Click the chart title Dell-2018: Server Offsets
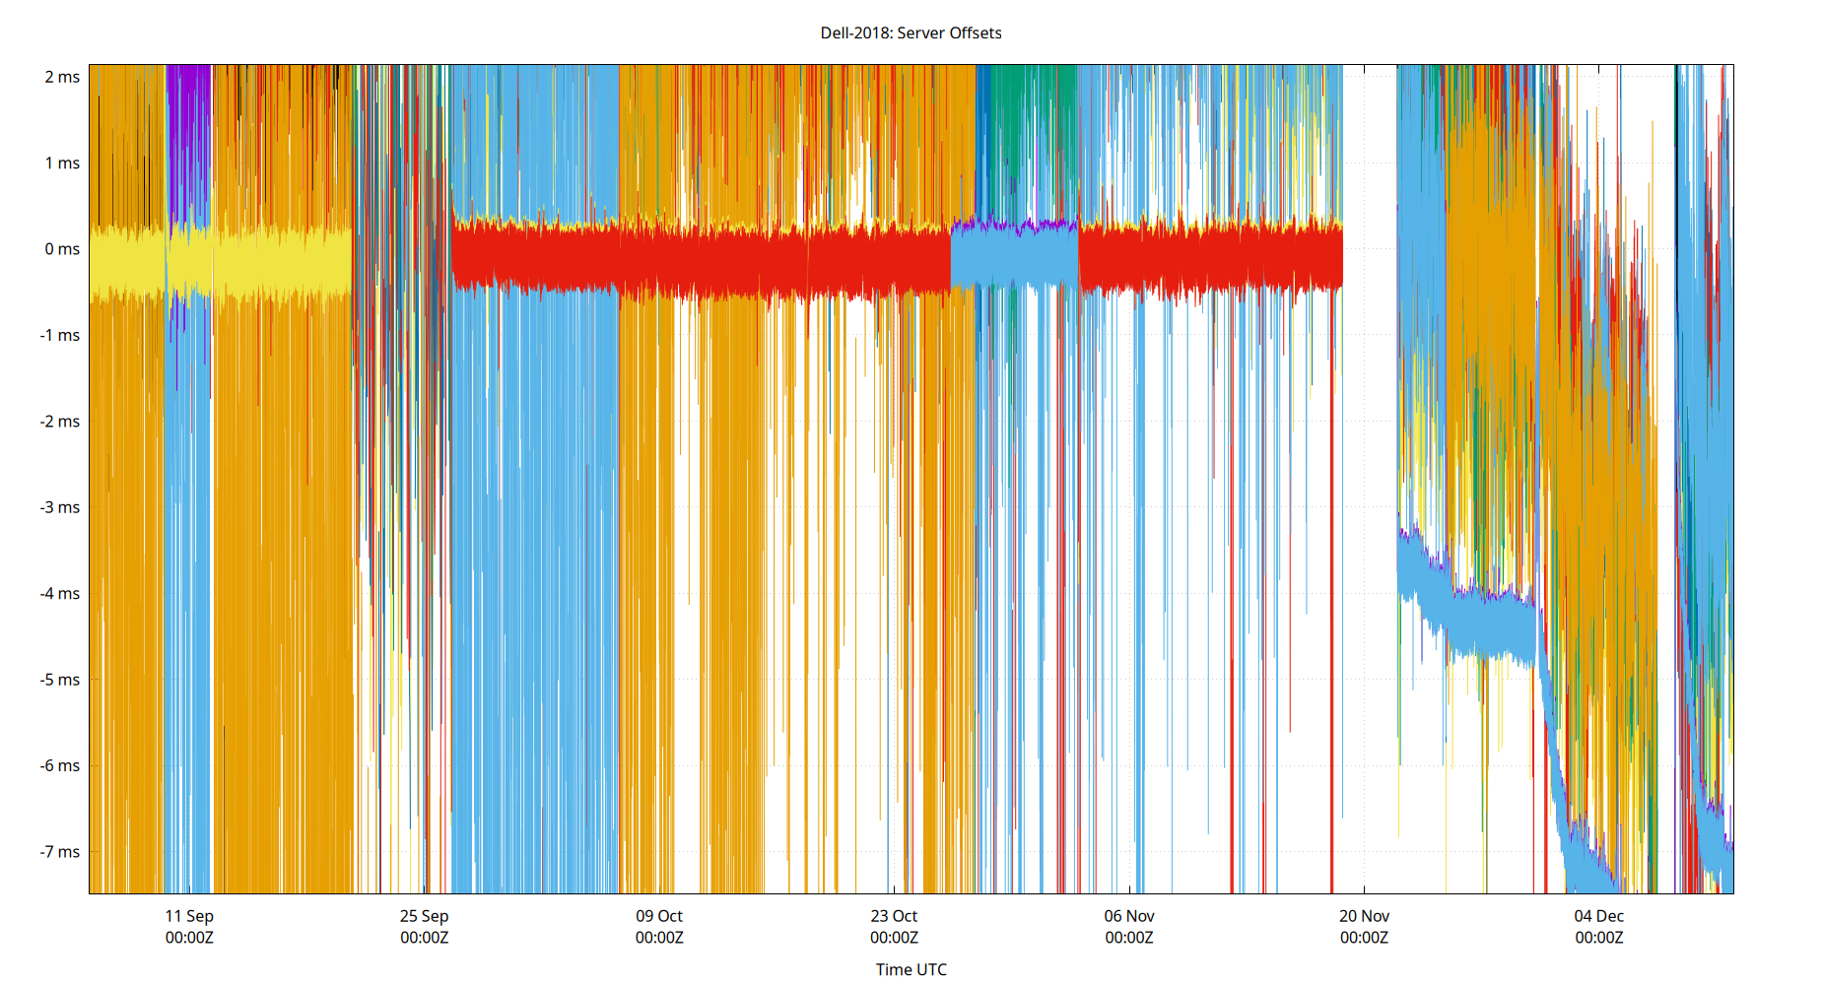click(911, 33)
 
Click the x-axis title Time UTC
click(911, 969)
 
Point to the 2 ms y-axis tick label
click(62, 77)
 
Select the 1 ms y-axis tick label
click(62, 163)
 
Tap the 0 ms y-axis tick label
click(62, 249)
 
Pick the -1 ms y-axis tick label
click(60, 335)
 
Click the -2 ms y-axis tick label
click(60, 422)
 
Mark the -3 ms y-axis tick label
click(60, 507)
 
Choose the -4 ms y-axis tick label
click(60, 594)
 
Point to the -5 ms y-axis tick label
click(60, 680)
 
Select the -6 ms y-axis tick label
click(60, 765)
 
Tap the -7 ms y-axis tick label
click(60, 852)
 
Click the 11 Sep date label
click(189, 916)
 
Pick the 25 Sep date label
click(424, 916)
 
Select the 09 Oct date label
click(659, 916)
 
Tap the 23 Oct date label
click(894, 916)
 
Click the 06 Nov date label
click(1129, 916)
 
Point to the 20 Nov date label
click(1364, 916)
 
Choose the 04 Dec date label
click(1598, 916)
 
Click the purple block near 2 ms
click(188, 138)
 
